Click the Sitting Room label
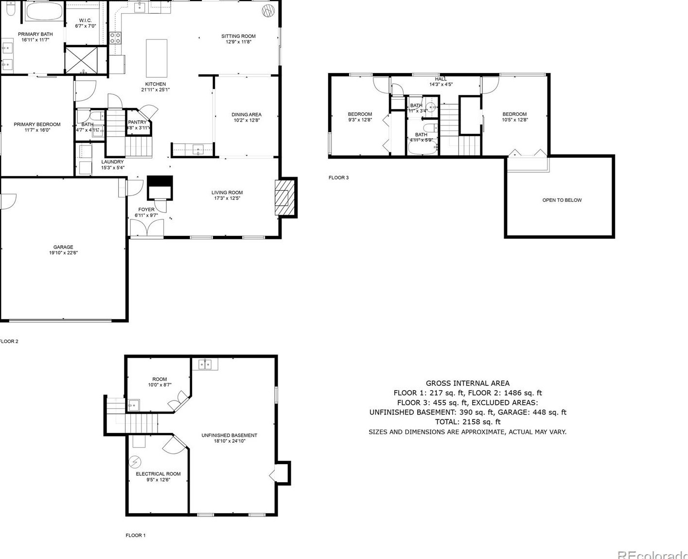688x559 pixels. (238, 36)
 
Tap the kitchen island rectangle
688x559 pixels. (157, 58)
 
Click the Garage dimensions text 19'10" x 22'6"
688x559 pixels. (63, 253)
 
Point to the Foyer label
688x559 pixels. (146, 210)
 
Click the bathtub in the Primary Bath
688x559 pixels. (44, 12)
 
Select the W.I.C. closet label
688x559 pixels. (86, 20)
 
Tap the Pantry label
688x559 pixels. (137, 123)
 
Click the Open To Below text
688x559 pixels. (562, 200)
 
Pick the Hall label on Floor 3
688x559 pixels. (441, 79)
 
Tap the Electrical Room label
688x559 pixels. (158, 474)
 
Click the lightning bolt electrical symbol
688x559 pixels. (135, 461)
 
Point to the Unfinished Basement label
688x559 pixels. (229, 435)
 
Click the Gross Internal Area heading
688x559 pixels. (467, 383)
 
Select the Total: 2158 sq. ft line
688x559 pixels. (467, 422)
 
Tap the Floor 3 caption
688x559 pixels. (338, 178)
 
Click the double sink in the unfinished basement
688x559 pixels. (205, 364)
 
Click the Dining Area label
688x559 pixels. (247, 115)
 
